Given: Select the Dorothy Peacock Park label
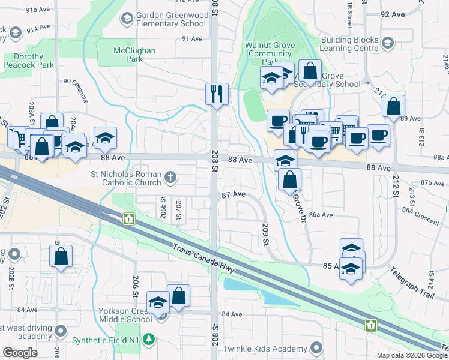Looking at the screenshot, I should click(29, 61).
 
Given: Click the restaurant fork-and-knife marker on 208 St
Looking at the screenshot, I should click(217, 94).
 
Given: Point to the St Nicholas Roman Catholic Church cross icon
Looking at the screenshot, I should click(171, 177).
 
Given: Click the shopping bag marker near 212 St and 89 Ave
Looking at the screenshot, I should click(393, 107).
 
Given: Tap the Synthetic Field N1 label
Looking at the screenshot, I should click(106, 340).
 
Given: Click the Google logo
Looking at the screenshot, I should click(20, 353).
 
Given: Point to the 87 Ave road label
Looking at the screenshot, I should click(234, 195).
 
